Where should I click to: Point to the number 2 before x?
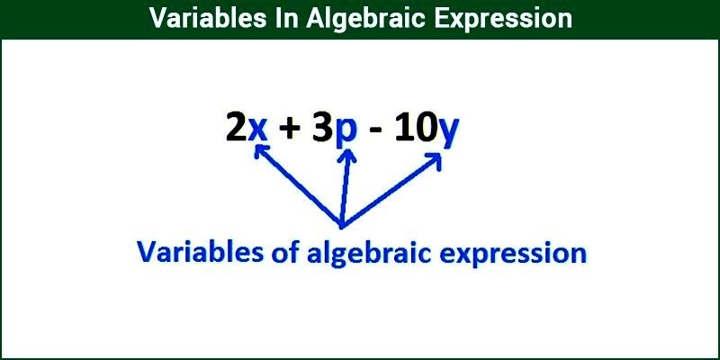coord(236,129)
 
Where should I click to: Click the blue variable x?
coord(258,130)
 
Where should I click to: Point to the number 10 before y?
coord(416,129)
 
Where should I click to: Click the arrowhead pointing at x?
coord(261,153)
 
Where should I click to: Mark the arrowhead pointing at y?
coord(436,159)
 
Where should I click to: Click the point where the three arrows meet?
coord(341,223)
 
